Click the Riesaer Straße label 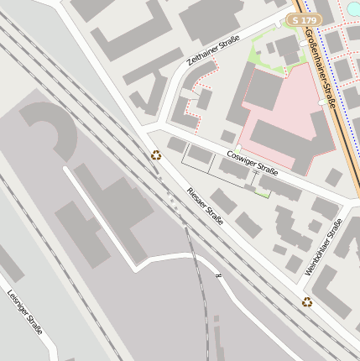[205, 205]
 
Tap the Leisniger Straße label [24, 312]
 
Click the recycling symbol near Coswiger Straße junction [156, 154]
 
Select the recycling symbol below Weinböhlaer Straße [307, 302]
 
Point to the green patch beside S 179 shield [269, 50]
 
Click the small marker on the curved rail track [218, 275]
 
